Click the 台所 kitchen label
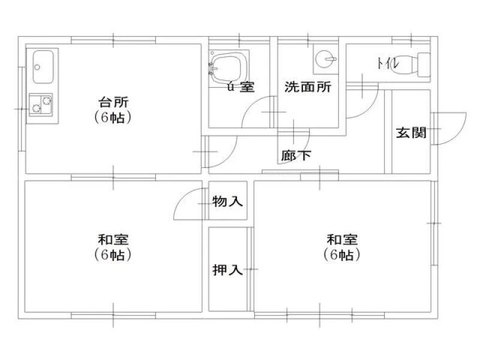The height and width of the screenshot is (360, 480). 113,101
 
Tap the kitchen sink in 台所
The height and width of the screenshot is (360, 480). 44,67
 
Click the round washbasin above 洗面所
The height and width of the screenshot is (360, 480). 324,59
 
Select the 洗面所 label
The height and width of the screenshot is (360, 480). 308,87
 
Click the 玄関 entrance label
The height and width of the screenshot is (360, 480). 410,133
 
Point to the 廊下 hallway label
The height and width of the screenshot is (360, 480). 296,156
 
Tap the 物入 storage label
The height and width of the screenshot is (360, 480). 227,202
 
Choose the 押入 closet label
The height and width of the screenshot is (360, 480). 227,270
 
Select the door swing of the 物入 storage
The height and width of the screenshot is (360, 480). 190,205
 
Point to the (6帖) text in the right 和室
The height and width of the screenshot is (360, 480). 342,255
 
